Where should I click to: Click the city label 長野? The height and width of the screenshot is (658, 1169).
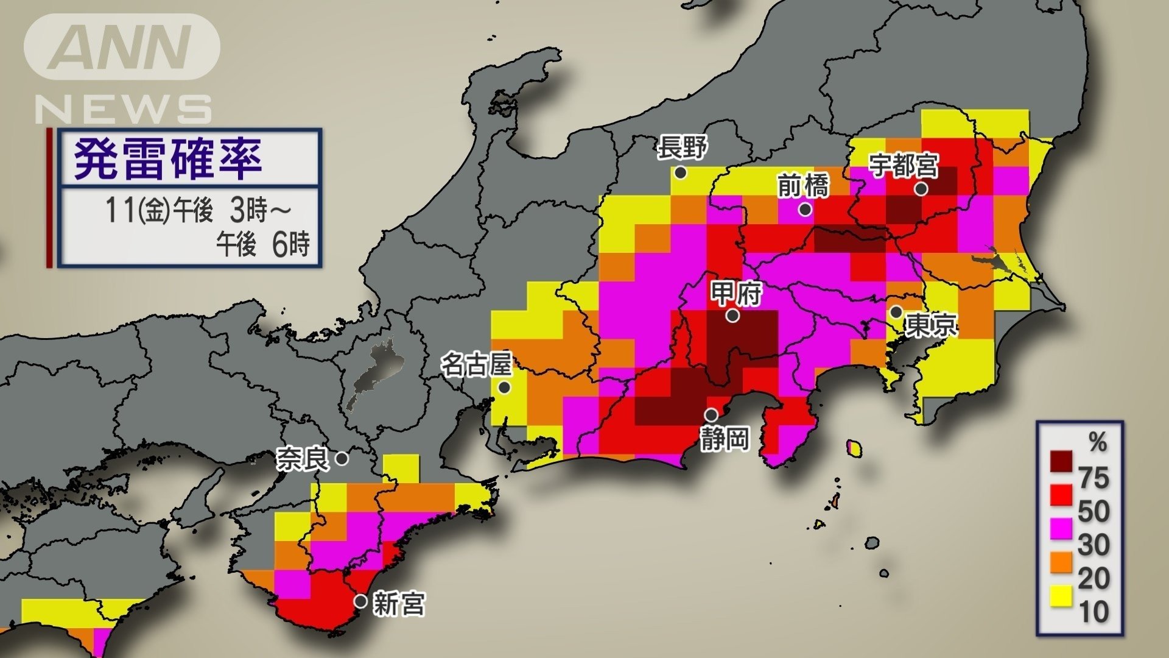pyautogui.click(x=683, y=147)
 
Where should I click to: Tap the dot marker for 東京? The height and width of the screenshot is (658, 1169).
pyautogui.click(x=896, y=313)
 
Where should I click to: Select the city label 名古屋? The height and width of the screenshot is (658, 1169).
pyautogui.click(x=476, y=366)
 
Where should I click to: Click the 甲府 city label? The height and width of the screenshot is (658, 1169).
pyautogui.click(x=737, y=294)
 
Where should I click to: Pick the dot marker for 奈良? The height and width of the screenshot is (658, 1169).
pyautogui.click(x=342, y=458)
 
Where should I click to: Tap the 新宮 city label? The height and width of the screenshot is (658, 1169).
pyautogui.click(x=399, y=604)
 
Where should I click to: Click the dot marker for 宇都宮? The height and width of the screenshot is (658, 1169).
pyautogui.click(x=921, y=189)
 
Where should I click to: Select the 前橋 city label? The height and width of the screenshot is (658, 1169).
pyautogui.click(x=804, y=185)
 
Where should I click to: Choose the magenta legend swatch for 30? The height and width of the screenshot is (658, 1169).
pyautogui.click(x=1061, y=528)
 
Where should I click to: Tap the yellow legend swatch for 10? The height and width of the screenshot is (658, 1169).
pyautogui.click(x=1061, y=596)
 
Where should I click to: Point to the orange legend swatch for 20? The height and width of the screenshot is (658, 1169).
pyautogui.click(x=1061, y=562)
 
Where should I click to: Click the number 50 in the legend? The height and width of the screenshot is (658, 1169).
pyautogui.click(x=1094, y=511)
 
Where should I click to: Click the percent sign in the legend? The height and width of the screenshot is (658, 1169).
pyautogui.click(x=1098, y=442)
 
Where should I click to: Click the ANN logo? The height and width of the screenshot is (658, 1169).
pyautogui.click(x=122, y=47)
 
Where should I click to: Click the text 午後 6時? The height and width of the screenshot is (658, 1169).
pyautogui.click(x=263, y=244)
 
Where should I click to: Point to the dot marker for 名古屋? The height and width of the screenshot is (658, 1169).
pyautogui.click(x=504, y=387)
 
